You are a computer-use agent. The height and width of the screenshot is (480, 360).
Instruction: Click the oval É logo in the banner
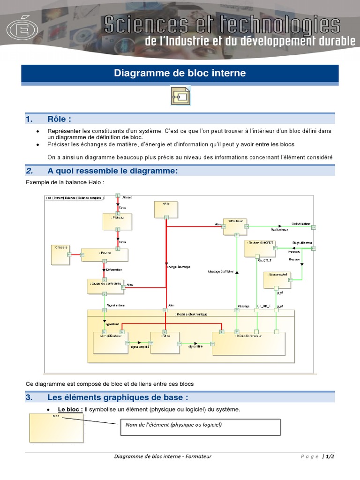(22, 30)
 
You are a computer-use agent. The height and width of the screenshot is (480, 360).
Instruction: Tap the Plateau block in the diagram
(115, 222)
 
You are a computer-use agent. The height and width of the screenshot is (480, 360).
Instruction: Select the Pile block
(166, 209)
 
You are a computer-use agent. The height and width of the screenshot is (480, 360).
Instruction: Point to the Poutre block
(105, 255)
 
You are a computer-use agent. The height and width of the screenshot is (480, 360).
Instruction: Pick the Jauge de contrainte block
(106, 286)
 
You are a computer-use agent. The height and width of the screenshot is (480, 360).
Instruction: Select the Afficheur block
(234, 226)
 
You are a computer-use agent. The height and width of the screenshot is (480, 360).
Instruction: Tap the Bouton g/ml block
(277, 280)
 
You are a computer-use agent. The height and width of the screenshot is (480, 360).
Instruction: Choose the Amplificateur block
(111, 343)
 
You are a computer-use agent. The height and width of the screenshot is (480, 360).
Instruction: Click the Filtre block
(165, 343)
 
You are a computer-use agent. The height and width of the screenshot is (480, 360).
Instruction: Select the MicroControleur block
(248, 343)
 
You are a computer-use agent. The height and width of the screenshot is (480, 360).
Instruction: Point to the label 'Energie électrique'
(179, 267)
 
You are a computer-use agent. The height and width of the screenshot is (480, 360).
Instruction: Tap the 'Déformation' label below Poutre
(114, 270)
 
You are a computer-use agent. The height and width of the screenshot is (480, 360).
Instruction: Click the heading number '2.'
(30, 171)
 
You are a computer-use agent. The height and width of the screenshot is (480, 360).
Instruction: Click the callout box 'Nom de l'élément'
(200, 427)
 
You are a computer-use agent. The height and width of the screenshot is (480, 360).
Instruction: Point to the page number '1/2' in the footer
(330, 457)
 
